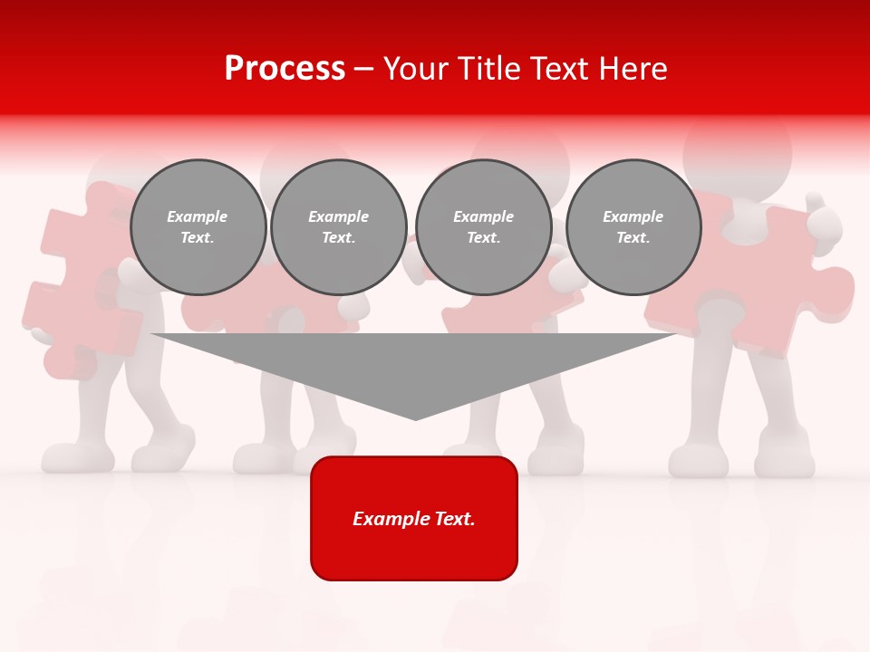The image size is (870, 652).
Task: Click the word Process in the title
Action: pyautogui.click(x=285, y=69)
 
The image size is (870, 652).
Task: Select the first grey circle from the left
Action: pyautogui.click(x=198, y=227)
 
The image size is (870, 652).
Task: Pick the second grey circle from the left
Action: pyautogui.click(x=338, y=227)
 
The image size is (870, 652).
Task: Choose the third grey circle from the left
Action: pyautogui.click(x=483, y=227)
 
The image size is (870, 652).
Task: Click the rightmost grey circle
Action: pyautogui.click(x=633, y=227)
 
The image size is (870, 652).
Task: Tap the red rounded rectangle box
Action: pyautogui.click(x=414, y=518)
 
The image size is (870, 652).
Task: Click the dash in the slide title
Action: pyautogui.click(x=364, y=69)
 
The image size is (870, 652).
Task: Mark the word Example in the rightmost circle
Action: pyautogui.click(x=633, y=216)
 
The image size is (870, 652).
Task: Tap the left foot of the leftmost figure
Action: pyautogui.click(x=78, y=457)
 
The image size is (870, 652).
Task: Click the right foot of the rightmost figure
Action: pyautogui.click(x=785, y=457)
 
